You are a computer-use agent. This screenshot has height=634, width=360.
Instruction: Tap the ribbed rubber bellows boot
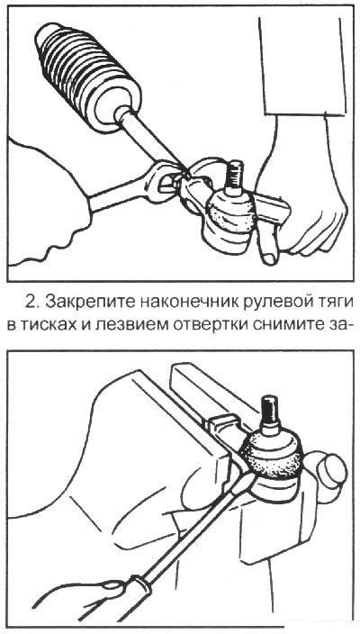[x=85, y=71]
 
